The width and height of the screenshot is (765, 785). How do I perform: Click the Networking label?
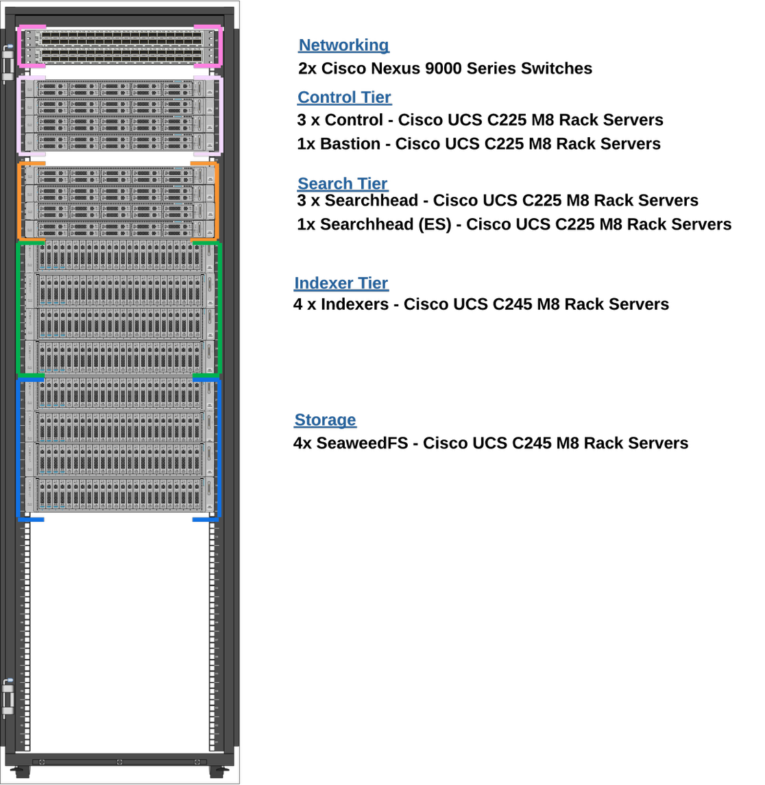343,45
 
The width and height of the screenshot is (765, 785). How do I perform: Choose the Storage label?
325,420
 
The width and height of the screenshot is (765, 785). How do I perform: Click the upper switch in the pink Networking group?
120,37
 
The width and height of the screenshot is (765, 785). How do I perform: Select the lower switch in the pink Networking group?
120,55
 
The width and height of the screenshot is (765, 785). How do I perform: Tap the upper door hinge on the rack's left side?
8,63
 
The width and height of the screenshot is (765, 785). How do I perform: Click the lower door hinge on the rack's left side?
8,698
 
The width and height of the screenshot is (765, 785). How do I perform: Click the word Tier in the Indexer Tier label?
373,283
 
